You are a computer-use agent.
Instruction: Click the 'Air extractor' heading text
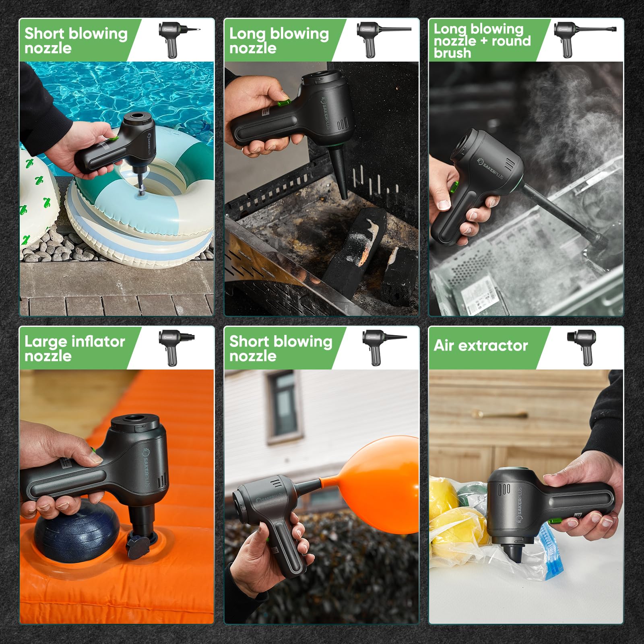point(481,346)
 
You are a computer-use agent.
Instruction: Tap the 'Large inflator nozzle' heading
point(75,349)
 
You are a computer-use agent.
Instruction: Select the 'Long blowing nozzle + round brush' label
point(482,41)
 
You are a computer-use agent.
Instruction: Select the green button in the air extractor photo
point(556,521)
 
